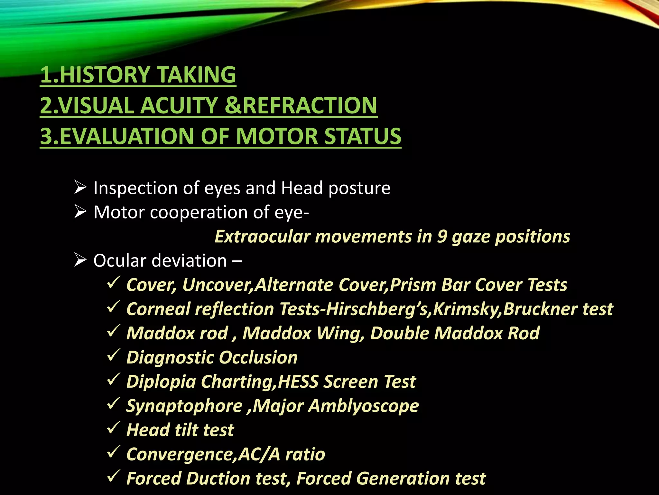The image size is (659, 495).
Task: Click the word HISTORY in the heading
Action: pyautogui.click(x=105, y=74)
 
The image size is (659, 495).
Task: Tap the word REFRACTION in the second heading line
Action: pyautogui.click(x=310, y=105)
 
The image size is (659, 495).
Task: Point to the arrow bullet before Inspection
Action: pyautogui.click(x=80, y=188)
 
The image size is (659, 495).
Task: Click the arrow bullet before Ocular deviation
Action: pyautogui.click(x=80, y=260)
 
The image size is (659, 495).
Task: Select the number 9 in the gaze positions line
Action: pyautogui.click(x=441, y=237)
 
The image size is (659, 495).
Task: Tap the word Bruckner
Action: pyautogui.click(x=541, y=309)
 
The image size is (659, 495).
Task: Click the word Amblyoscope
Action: pyautogui.click(x=364, y=406)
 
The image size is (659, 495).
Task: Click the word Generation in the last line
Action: pyautogui.click(x=402, y=478)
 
